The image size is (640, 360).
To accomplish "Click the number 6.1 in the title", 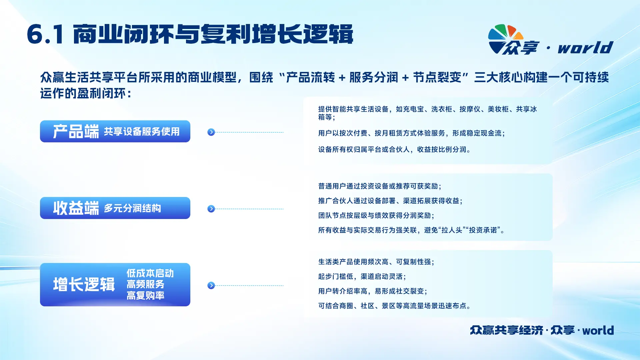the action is pyautogui.click(x=46, y=34).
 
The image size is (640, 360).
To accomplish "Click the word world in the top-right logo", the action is pyautogui.click(x=585, y=48).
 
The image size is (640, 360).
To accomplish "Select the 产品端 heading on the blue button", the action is pyautogui.click(x=76, y=131).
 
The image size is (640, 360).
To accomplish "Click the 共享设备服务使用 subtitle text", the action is pyautogui.click(x=142, y=132).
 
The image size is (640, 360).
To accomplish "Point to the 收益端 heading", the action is pyautogui.click(x=76, y=208).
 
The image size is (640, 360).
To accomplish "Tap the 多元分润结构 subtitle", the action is pyautogui.click(x=132, y=208).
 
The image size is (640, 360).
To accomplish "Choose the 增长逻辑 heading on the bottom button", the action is pyautogui.click(x=84, y=285).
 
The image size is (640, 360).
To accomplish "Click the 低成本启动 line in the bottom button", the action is pyautogui.click(x=150, y=273).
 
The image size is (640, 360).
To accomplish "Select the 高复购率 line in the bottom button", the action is pyautogui.click(x=145, y=296).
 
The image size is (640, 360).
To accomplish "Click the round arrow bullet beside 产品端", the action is pyautogui.click(x=211, y=132).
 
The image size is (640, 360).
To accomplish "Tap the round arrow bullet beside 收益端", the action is pyautogui.click(x=211, y=209).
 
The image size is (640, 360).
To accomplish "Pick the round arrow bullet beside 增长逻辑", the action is pyautogui.click(x=211, y=285).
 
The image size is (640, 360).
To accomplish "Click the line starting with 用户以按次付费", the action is pyautogui.click(x=412, y=133).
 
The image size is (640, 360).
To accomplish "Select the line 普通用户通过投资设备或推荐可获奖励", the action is pyautogui.click(x=380, y=186).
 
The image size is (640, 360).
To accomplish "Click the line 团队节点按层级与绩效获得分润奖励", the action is pyautogui.click(x=376, y=216).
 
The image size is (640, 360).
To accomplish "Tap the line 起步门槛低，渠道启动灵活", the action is pyautogui.click(x=362, y=277).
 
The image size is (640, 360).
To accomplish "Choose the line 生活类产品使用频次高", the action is pyautogui.click(x=376, y=262).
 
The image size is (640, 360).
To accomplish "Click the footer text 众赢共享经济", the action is pyautogui.click(x=507, y=330).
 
